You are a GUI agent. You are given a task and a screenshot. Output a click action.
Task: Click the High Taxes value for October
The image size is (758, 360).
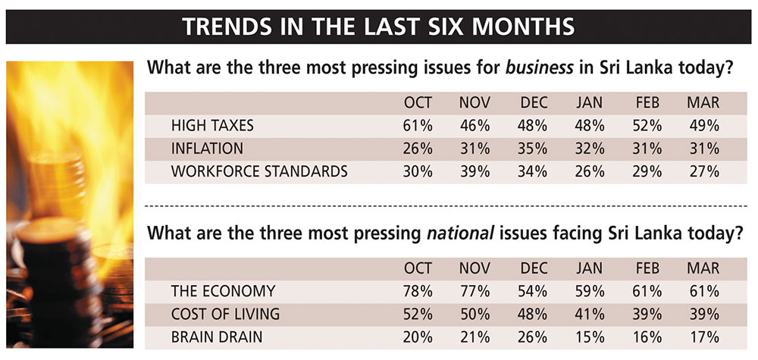click(x=418, y=125)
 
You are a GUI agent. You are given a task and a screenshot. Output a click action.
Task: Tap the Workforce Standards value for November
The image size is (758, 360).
click(x=475, y=171)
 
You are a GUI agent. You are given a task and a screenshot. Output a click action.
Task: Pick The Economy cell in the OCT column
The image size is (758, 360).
click(x=418, y=290)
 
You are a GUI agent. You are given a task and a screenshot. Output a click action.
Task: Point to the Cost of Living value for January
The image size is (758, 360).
click(x=589, y=313)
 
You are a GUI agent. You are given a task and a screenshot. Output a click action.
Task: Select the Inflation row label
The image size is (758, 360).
click(x=207, y=148)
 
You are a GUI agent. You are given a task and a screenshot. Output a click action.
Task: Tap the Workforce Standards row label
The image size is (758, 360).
click(x=259, y=171)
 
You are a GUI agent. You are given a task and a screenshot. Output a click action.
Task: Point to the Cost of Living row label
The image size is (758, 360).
click(x=226, y=313)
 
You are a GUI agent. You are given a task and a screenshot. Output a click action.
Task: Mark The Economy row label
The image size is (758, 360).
click(x=223, y=290)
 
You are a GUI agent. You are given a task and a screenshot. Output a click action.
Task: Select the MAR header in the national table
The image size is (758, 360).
click(x=703, y=268)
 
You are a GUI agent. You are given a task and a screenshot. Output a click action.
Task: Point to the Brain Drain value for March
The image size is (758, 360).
click(x=703, y=337)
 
